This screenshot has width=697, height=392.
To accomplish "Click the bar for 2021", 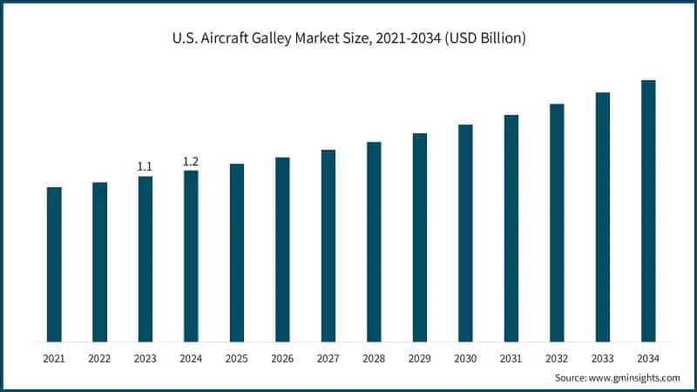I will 54,264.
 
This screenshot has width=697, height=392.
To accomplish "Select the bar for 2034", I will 648,211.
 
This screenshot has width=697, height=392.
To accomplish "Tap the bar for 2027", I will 328,246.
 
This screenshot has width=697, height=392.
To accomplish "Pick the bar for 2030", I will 465,233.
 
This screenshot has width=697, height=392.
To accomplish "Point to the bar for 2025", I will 237,253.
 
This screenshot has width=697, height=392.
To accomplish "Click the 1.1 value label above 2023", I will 145,166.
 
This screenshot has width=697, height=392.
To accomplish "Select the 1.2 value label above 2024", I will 191,160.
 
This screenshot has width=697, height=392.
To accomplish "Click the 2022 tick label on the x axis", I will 99,358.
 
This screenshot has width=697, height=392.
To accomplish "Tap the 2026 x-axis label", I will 282,358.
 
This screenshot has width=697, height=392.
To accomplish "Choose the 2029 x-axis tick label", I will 420,358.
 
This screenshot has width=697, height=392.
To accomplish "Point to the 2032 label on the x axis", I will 557,358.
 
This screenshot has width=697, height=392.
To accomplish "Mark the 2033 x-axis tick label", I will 603,358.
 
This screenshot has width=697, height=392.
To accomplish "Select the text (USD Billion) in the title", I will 486,39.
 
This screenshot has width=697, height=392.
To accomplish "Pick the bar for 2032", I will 557,222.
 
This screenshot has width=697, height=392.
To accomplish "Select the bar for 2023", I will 145,259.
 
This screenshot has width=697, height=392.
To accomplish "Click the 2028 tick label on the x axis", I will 374,358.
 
